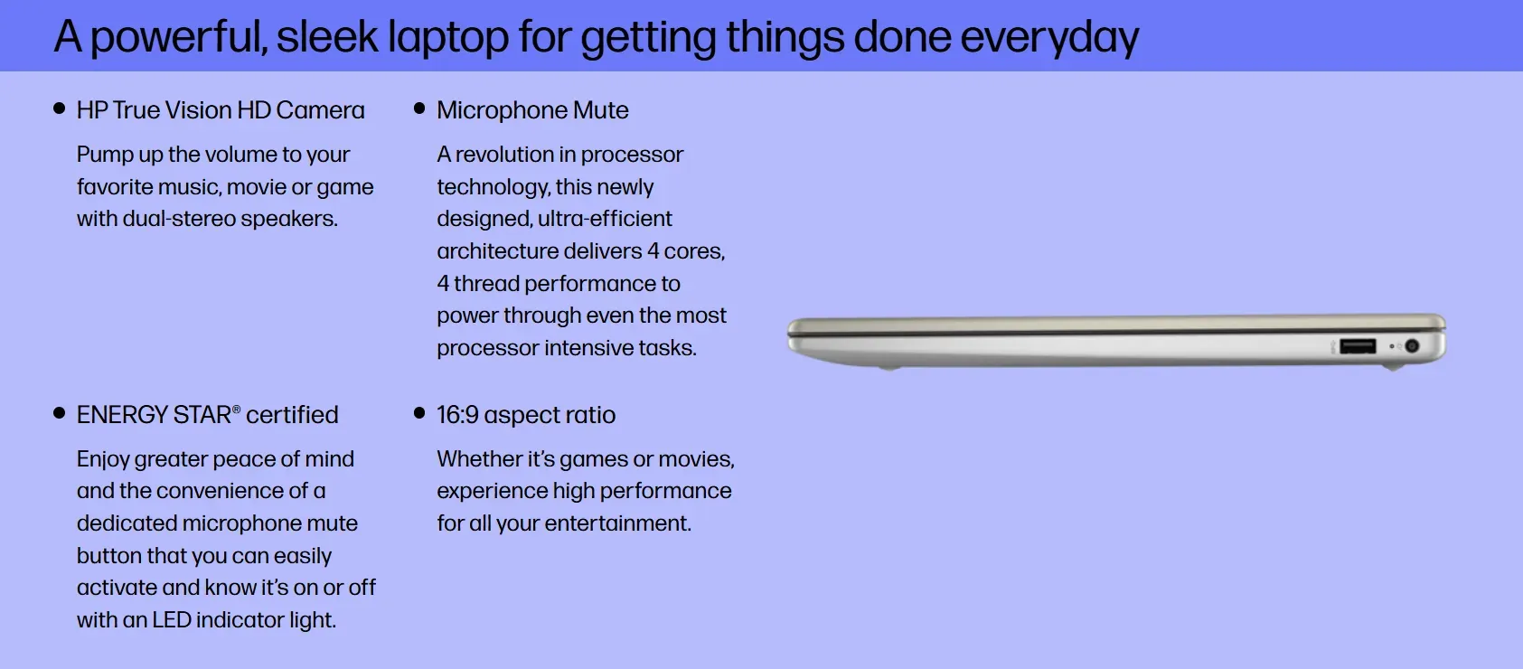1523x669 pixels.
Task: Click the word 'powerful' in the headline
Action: [x=179, y=37]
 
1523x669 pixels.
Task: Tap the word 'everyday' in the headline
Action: [x=1049, y=37]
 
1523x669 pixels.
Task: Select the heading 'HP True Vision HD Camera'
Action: [x=221, y=110]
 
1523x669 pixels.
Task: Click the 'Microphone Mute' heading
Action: [x=532, y=110]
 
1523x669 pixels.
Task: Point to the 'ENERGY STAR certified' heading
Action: [x=207, y=415]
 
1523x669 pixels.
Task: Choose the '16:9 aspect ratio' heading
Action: [x=525, y=415]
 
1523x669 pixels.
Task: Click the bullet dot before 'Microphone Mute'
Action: [x=419, y=108]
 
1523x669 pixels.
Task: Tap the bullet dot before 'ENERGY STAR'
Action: [x=59, y=412]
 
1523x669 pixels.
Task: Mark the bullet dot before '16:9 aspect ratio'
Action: [x=419, y=412]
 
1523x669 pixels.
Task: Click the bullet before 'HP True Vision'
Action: [x=59, y=108]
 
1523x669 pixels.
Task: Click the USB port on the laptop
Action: [x=1358, y=347]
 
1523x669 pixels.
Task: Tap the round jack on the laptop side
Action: [x=1412, y=346]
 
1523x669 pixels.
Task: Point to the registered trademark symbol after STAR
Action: [x=236, y=410]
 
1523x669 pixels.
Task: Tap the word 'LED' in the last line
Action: [x=172, y=620]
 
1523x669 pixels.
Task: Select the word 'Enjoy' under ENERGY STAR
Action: [x=103, y=460]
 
